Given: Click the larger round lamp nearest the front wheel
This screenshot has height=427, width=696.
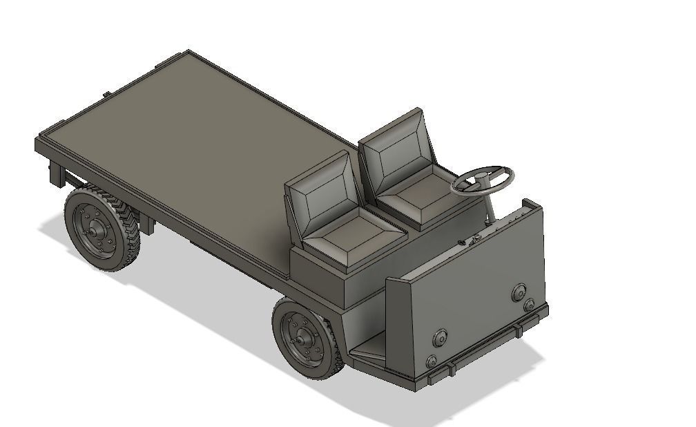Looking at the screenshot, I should (x=439, y=338).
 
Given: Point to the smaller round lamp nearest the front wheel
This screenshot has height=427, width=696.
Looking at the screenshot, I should (x=432, y=361).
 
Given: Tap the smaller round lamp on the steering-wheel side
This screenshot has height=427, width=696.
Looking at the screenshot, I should (x=529, y=305).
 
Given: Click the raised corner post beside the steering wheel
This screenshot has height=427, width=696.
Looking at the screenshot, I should (x=530, y=205).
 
